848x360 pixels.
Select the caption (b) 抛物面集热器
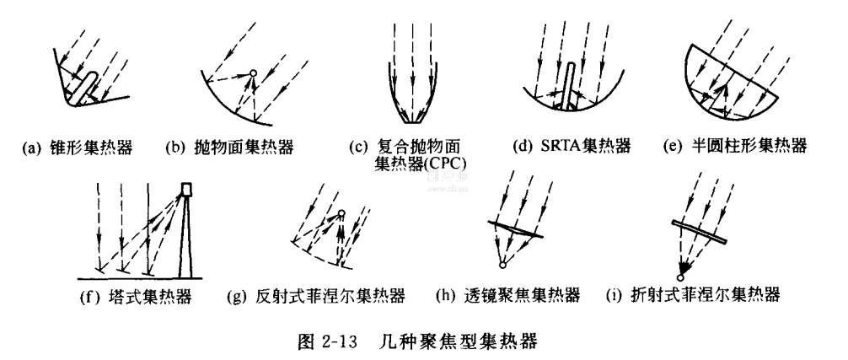click(230, 147)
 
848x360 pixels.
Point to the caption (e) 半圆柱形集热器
click(735, 146)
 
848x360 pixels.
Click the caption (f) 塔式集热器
click(137, 297)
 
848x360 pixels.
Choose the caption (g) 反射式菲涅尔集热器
click(316, 296)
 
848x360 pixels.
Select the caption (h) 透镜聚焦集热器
click(508, 296)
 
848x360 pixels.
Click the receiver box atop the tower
click(187, 189)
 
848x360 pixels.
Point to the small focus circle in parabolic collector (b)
click(252, 73)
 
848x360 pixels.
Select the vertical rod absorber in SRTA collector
click(569, 83)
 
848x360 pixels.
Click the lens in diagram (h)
click(515, 228)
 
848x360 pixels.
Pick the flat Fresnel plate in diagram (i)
click(699, 231)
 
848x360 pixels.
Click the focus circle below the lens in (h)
click(502, 265)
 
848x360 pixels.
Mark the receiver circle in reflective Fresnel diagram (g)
click(341, 212)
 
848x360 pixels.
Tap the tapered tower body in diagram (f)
click(186, 237)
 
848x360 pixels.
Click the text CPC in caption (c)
click(451, 164)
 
